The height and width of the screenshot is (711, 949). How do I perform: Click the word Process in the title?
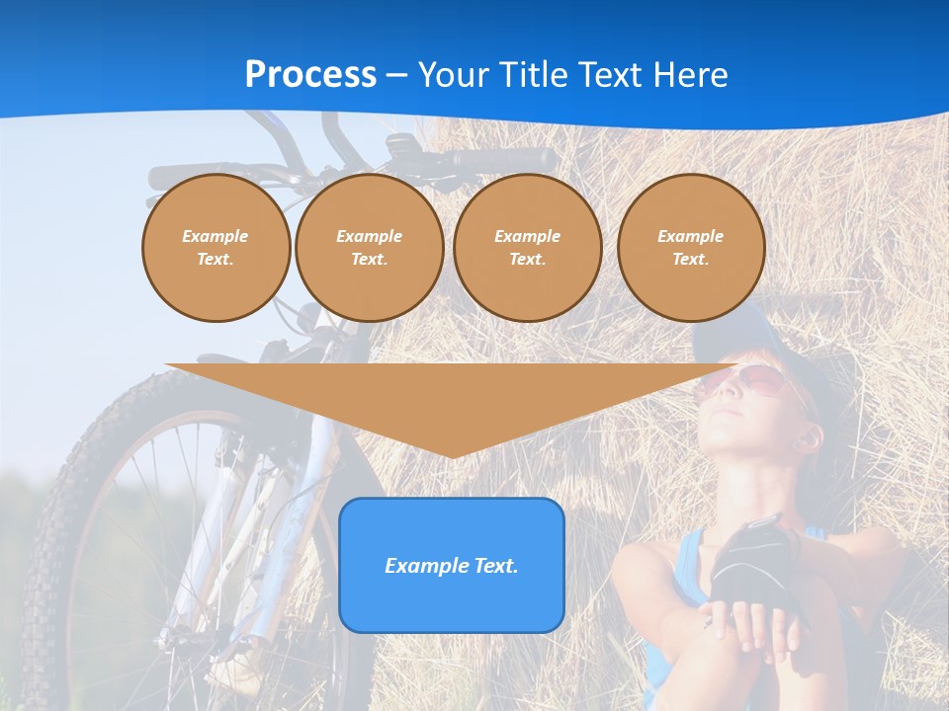pyautogui.click(x=310, y=75)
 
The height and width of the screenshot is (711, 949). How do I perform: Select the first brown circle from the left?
pyautogui.click(x=216, y=248)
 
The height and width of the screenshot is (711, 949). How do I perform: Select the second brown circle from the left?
pyautogui.click(x=369, y=248)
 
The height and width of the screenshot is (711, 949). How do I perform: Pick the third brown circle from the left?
pyautogui.click(x=527, y=248)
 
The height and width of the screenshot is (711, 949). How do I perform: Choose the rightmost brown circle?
pyautogui.click(x=690, y=248)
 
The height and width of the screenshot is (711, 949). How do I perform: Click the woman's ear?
pyautogui.click(x=806, y=436)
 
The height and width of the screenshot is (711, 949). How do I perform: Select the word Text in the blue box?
pyautogui.click(x=494, y=566)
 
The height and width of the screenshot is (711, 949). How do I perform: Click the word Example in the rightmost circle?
pyautogui.click(x=690, y=236)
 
